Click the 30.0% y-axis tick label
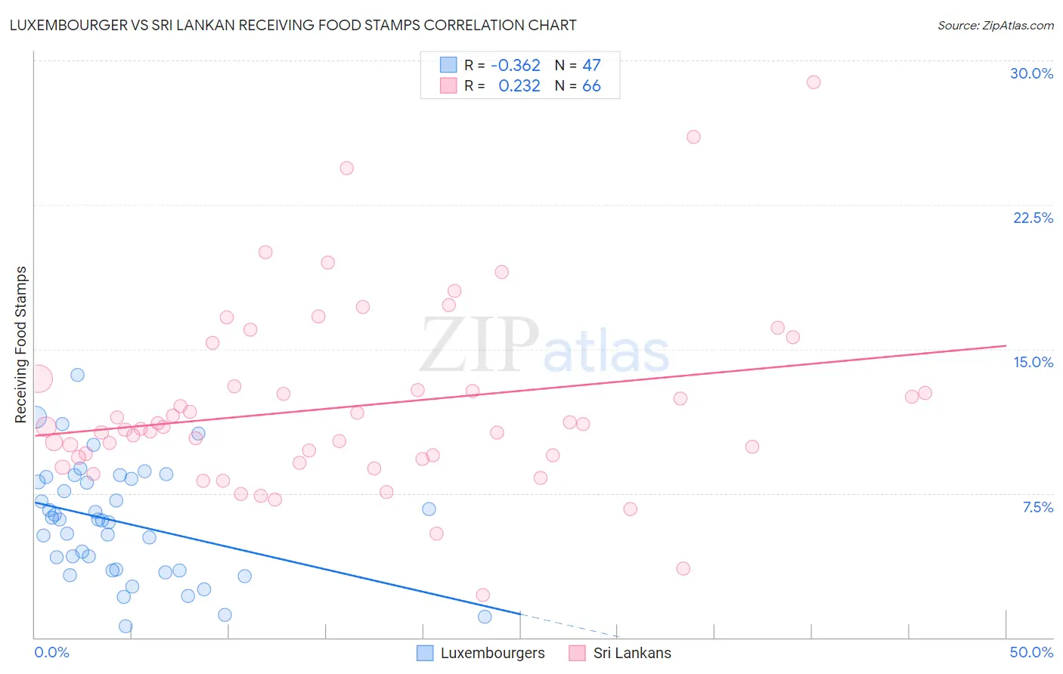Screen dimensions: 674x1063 point(1031,73)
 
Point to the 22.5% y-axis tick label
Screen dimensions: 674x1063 point(1033,218)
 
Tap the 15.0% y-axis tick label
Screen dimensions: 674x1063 point(1033,362)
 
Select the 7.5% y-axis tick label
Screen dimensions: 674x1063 point(1037,507)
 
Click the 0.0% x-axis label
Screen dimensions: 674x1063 point(51,652)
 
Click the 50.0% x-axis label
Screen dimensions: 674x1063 point(1031,652)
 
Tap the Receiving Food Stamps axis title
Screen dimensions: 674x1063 point(21,345)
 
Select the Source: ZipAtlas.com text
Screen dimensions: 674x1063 point(995,25)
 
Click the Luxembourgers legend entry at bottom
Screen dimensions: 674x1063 point(481,653)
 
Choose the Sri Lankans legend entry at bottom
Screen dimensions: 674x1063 point(620,653)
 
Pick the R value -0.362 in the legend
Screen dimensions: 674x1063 point(516,65)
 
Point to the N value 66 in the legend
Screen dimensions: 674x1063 point(591,86)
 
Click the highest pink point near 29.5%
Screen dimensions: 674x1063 point(814,82)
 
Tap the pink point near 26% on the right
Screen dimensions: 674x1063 point(693,137)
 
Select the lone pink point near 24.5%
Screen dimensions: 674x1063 point(346,168)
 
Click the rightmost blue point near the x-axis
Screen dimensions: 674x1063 point(485,617)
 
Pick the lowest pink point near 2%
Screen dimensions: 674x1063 point(483,595)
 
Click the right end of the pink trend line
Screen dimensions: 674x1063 point(1006,345)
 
